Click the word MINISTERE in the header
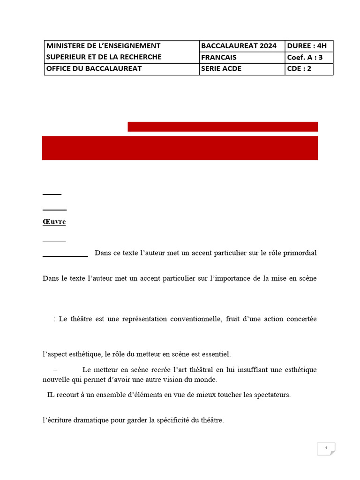point(66,46)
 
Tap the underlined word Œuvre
point(54,222)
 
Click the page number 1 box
point(326,448)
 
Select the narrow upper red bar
point(223,127)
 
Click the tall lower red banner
point(180,148)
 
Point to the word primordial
point(300,253)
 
